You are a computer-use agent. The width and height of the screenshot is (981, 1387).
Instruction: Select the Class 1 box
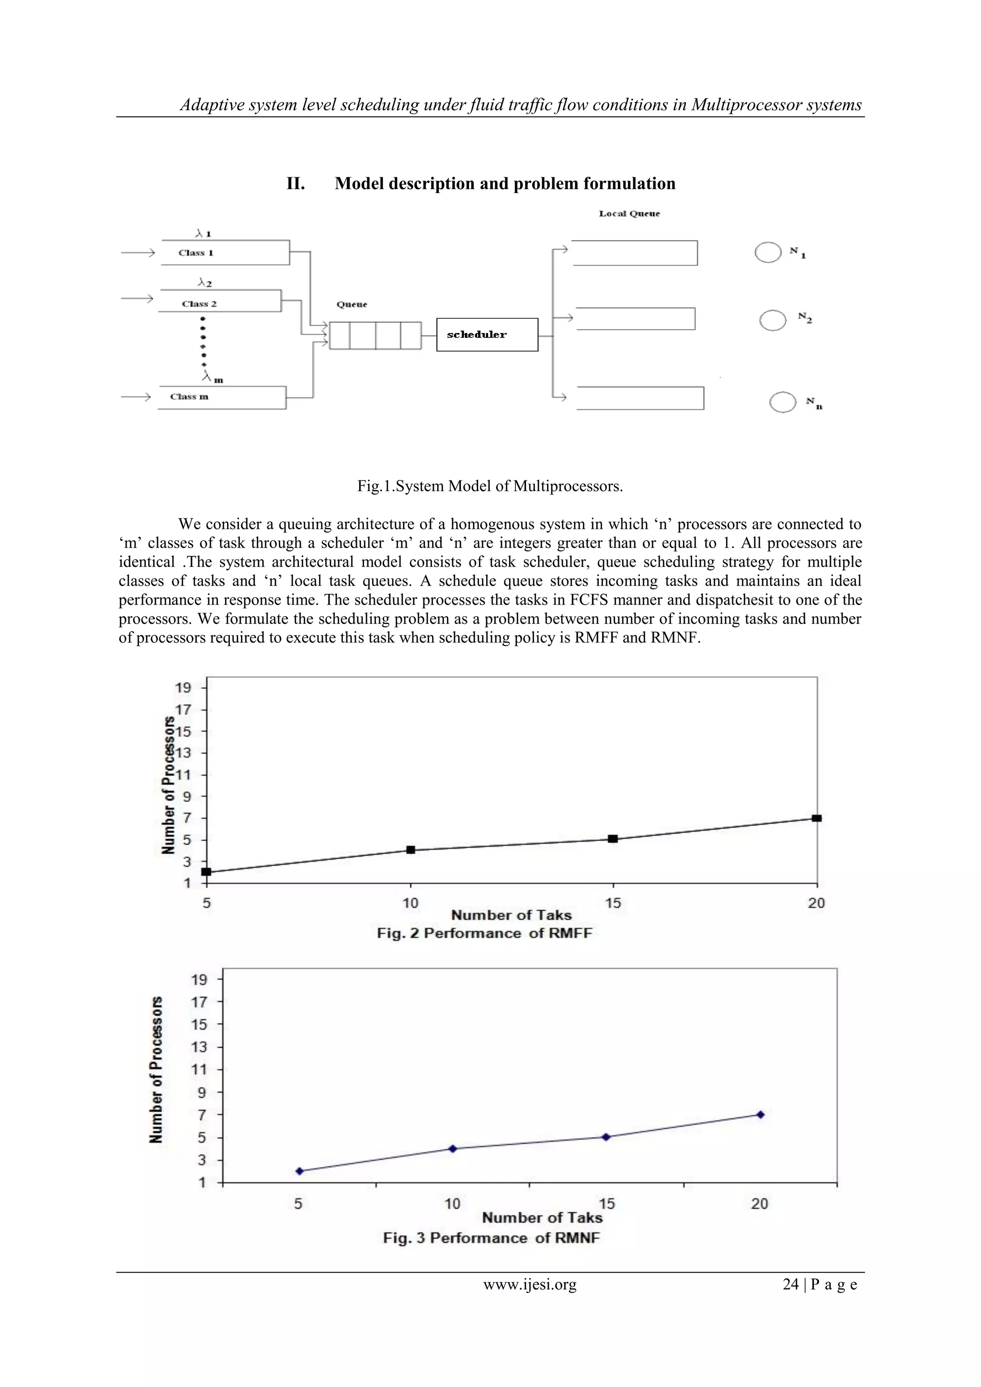(225, 252)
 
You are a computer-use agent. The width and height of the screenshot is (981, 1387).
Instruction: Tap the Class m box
(221, 397)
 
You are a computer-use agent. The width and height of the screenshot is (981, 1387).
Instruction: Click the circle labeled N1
(768, 252)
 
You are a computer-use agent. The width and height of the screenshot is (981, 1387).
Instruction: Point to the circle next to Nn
(783, 402)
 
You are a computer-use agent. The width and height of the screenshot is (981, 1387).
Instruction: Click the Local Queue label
(629, 214)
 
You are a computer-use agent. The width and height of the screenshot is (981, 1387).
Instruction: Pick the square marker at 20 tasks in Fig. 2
(816, 818)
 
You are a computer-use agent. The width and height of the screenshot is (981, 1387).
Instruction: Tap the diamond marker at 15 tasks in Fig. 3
(606, 1137)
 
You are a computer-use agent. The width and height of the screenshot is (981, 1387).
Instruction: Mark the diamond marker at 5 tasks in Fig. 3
(299, 1171)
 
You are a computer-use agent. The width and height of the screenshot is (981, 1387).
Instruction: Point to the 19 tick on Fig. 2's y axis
(183, 688)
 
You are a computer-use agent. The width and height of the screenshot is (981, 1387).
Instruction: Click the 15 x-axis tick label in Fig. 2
(613, 903)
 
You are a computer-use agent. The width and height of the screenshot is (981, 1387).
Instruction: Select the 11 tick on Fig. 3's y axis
(199, 1070)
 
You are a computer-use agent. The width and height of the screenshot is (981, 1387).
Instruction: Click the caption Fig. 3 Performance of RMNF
(491, 1238)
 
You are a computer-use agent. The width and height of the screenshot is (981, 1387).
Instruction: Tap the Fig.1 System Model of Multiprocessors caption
(490, 486)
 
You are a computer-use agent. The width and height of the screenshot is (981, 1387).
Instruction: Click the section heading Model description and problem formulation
(505, 183)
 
